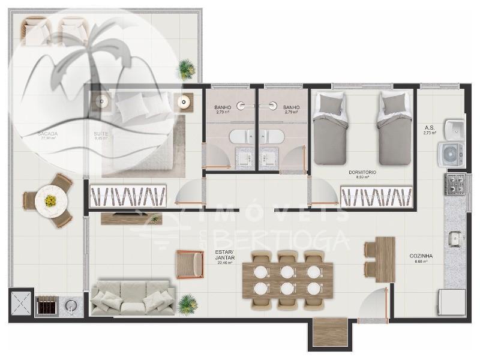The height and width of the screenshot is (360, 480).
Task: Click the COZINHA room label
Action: pos(421,256)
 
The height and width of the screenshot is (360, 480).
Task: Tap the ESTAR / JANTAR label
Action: pos(224,256)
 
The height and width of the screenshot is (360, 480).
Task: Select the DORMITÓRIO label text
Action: pos(362,173)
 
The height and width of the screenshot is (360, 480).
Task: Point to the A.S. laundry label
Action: pos(429,128)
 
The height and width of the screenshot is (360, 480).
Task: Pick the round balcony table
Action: pos(48,200)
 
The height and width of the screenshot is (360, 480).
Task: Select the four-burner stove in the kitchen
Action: pos(455,183)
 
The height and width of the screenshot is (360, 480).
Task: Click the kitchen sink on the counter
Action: pos(454,239)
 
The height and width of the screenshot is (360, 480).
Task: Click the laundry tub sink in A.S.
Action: pos(454,128)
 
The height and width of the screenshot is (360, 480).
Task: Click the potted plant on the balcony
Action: pos(187,69)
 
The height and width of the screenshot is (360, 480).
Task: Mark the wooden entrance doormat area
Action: pos(330,332)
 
